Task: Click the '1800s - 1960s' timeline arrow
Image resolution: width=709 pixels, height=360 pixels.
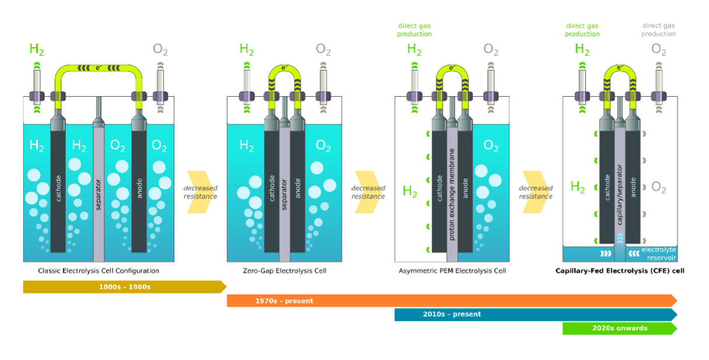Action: point(125,287)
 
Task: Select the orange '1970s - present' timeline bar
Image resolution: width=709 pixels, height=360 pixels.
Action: point(452,301)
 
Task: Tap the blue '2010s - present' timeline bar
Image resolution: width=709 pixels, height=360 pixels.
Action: point(536,315)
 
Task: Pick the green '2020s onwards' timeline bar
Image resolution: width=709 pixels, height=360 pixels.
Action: point(620,329)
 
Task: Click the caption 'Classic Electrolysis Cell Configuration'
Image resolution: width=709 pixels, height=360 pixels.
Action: point(98,271)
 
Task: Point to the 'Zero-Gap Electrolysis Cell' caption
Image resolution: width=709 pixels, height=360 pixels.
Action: point(284,271)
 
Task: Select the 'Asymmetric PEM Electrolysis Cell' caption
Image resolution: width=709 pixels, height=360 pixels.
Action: point(452,271)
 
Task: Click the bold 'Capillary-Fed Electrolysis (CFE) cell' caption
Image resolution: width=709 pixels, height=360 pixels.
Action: point(620,271)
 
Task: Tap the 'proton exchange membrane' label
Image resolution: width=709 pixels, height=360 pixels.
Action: point(451,195)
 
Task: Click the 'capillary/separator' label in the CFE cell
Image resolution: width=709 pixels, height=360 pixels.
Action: point(619,195)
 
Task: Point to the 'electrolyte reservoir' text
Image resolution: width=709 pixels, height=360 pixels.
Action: point(659,253)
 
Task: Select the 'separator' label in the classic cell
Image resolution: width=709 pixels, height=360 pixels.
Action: point(98,195)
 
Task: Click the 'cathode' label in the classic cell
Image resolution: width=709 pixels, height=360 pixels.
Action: point(58,188)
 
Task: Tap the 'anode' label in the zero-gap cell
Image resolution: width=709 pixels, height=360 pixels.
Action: point(298,188)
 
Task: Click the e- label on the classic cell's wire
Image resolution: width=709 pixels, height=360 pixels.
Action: point(98,68)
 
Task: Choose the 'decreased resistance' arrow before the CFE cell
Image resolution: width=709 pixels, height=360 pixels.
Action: point(536,192)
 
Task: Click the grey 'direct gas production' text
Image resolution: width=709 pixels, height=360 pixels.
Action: point(659,30)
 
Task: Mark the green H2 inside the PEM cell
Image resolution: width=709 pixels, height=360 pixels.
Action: point(410,191)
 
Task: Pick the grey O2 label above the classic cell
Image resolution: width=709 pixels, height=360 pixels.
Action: point(160,50)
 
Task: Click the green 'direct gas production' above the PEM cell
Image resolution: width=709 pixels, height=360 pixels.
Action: point(414,30)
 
